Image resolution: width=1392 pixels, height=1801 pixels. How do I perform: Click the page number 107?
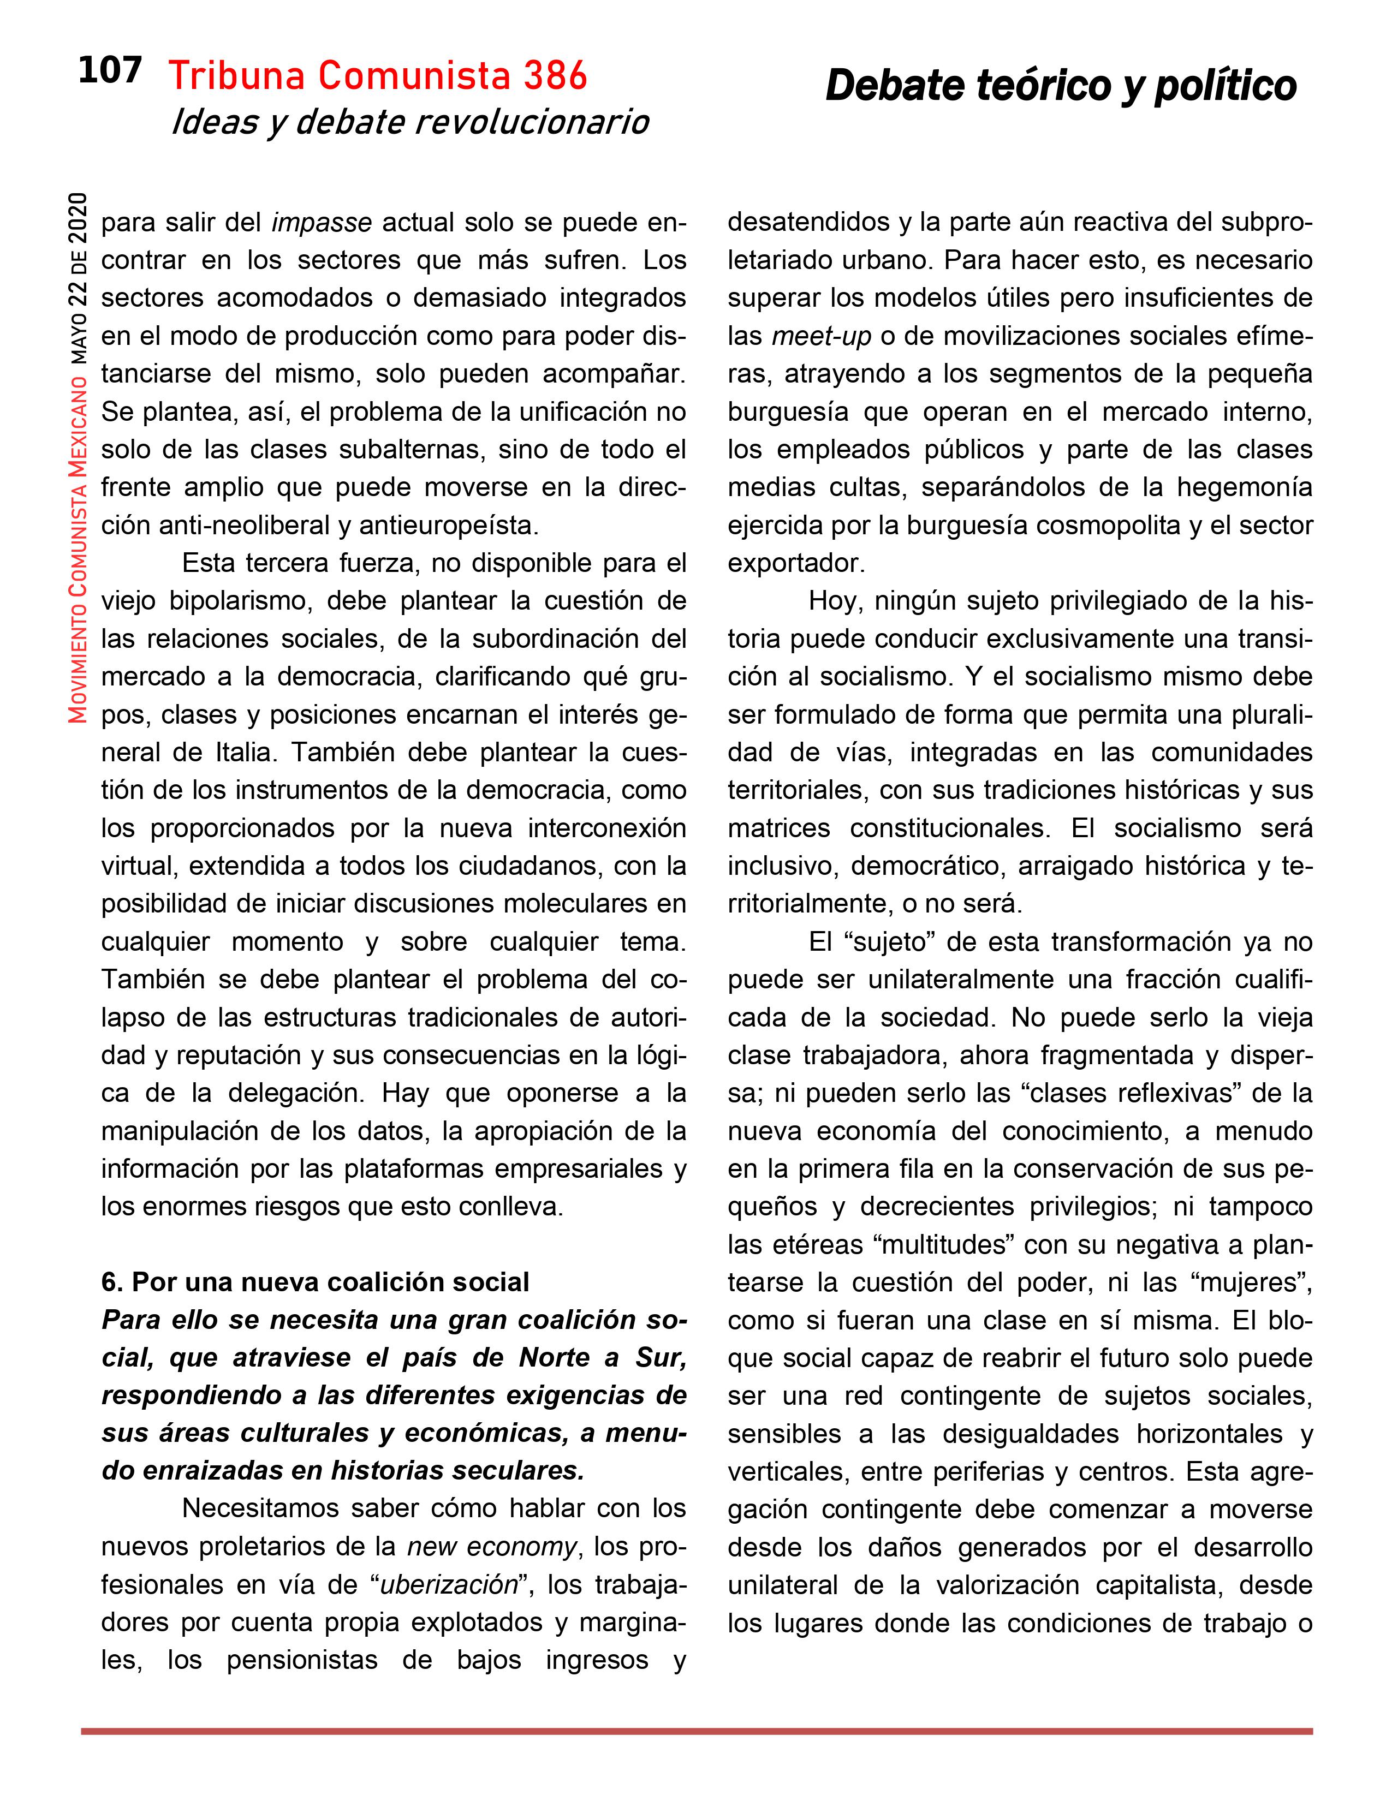tap(110, 71)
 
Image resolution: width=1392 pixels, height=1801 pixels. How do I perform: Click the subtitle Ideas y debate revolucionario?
tap(410, 123)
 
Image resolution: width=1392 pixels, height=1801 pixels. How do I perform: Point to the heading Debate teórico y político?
tap(1061, 86)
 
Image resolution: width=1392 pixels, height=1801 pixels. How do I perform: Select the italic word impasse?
tap(322, 223)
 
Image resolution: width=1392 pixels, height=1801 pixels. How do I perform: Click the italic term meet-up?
tap(822, 336)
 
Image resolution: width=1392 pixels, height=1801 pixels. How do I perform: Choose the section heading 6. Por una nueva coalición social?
tap(315, 1283)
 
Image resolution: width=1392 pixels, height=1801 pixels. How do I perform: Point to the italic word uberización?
tap(448, 1585)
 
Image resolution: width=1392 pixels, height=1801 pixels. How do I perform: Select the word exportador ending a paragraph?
tap(795, 563)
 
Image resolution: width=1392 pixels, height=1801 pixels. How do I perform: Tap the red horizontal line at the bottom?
tap(696, 1732)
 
